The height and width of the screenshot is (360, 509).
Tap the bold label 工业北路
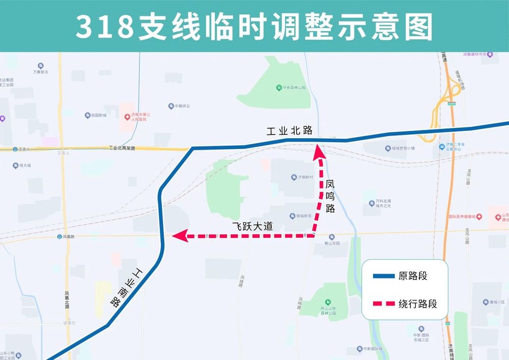coord(289,130)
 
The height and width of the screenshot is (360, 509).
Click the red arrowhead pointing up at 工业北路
coord(319,150)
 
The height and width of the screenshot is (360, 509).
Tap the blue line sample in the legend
coord(384,276)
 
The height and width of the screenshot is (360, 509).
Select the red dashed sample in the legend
coord(384,304)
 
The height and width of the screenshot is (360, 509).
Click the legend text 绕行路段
coord(418,304)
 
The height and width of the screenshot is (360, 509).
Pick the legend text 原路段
coord(413,276)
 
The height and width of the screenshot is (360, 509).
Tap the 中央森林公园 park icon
coord(279,88)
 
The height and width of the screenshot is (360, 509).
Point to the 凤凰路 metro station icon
coord(60,237)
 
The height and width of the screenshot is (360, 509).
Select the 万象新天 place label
coord(41,72)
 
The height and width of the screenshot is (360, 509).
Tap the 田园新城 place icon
coord(88,116)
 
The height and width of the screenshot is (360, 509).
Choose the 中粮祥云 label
coord(181,106)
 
